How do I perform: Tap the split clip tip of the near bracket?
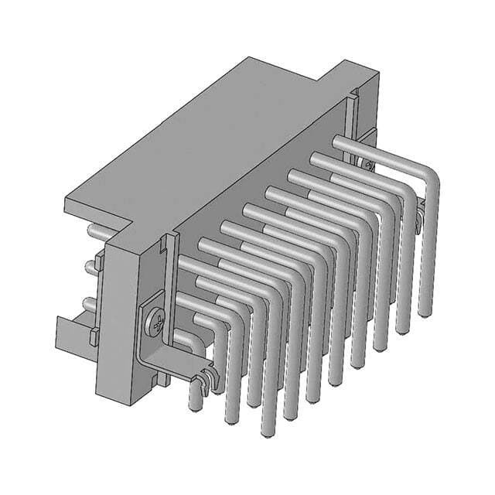point(204,378)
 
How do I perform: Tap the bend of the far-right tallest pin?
point(428,174)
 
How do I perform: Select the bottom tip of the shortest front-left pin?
point(193,402)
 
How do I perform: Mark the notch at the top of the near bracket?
point(164,246)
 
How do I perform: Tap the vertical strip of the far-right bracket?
point(354,124)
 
